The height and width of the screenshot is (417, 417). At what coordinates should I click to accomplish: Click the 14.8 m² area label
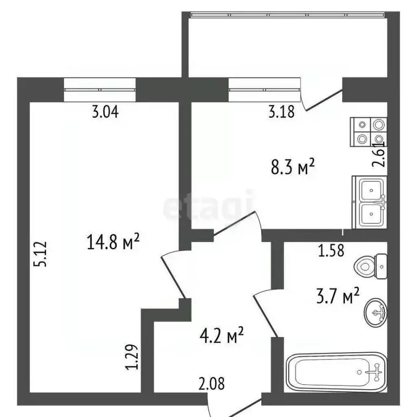pyautogui.click(x=113, y=242)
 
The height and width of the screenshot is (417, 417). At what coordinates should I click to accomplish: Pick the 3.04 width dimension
pyautogui.click(x=105, y=112)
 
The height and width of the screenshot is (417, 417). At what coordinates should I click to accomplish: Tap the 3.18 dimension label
pyautogui.click(x=281, y=112)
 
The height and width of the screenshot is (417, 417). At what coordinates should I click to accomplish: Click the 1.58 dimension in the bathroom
pyautogui.click(x=332, y=251)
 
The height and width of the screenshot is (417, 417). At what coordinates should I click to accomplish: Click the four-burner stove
pyautogui.click(x=370, y=132)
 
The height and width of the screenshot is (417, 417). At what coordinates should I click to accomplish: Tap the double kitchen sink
pyautogui.click(x=371, y=201)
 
